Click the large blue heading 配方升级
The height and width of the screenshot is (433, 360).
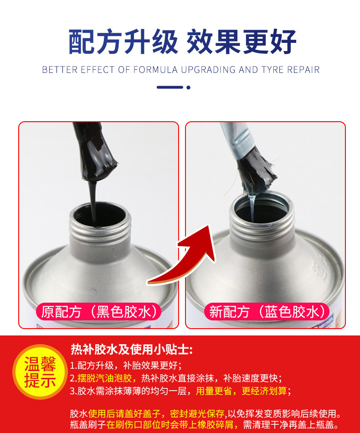tap(123, 41)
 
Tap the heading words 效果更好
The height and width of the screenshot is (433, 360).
tap(242, 41)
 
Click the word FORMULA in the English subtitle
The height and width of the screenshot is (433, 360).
tap(155, 70)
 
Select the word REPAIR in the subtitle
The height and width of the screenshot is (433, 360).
tap(303, 70)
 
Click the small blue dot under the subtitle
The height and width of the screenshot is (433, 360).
tap(188, 87)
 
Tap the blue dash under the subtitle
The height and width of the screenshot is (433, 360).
tap(170, 87)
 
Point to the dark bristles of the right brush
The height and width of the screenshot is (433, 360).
tap(255, 171)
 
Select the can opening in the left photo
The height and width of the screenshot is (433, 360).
tap(100, 216)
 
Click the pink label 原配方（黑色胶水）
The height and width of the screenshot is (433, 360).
tap(98, 312)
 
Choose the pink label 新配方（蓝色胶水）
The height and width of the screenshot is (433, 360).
tap(267, 312)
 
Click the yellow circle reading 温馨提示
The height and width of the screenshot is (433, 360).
tap(40, 371)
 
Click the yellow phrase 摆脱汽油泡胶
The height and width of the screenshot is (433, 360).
tap(104, 378)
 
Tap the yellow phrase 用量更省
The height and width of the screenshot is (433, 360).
tap(214, 391)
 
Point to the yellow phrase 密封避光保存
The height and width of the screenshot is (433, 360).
tap(197, 414)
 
